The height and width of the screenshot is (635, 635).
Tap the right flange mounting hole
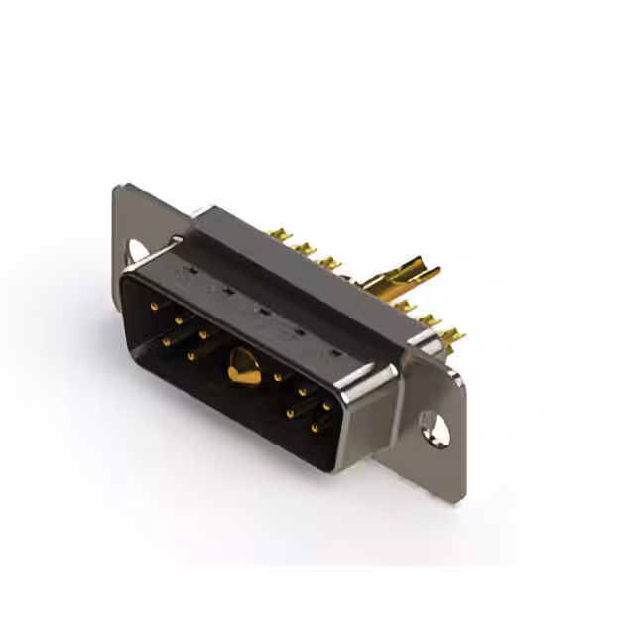pos(434,427)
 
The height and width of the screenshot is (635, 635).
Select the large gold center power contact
pos(243,368)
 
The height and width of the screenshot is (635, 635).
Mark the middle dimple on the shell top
pos(261,312)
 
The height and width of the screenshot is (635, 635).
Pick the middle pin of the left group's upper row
pos(179,319)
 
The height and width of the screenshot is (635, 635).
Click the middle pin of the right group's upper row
pos(303,392)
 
